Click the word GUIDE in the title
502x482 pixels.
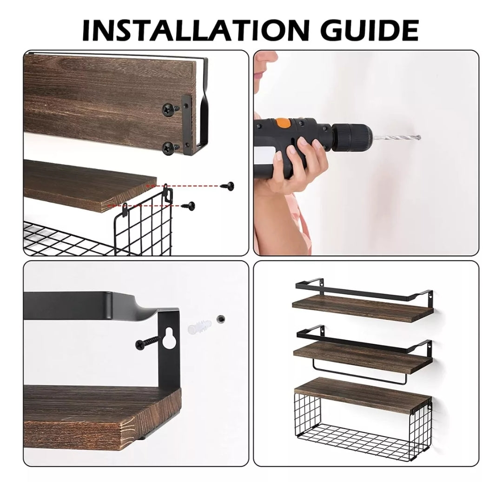(x=370, y=30)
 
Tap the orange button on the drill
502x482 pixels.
(x=282, y=122)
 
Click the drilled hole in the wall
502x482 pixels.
(x=220, y=319)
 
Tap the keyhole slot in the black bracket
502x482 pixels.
(x=168, y=340)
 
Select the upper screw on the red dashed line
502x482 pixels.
(x=228, y=185)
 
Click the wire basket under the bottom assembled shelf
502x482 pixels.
(x=362, y=426)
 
